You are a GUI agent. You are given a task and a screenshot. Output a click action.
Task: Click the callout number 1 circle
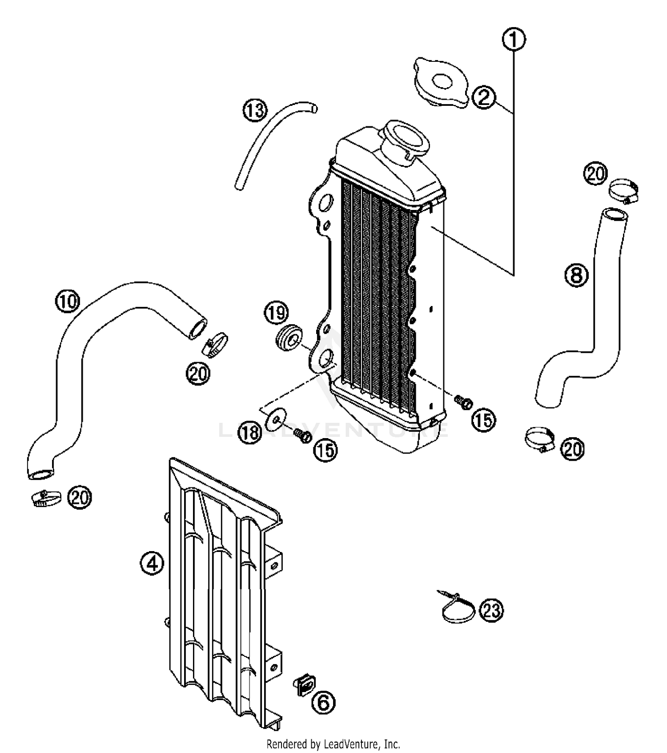point(514,40)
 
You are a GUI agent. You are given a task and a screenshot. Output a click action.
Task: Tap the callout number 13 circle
point(255,110)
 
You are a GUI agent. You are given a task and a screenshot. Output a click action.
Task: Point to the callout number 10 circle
point(67,301)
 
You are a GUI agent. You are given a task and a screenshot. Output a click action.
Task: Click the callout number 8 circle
point(576,275)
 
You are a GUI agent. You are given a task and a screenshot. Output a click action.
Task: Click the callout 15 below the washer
point(325,450)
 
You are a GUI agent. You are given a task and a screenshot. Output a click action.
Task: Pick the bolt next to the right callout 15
point(464,402)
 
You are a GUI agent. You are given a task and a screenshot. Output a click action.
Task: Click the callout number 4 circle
point(152,564)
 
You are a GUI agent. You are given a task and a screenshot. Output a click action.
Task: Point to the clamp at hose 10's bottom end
point(46,498)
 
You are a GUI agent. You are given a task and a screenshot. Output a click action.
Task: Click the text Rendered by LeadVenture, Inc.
point(333,743)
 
